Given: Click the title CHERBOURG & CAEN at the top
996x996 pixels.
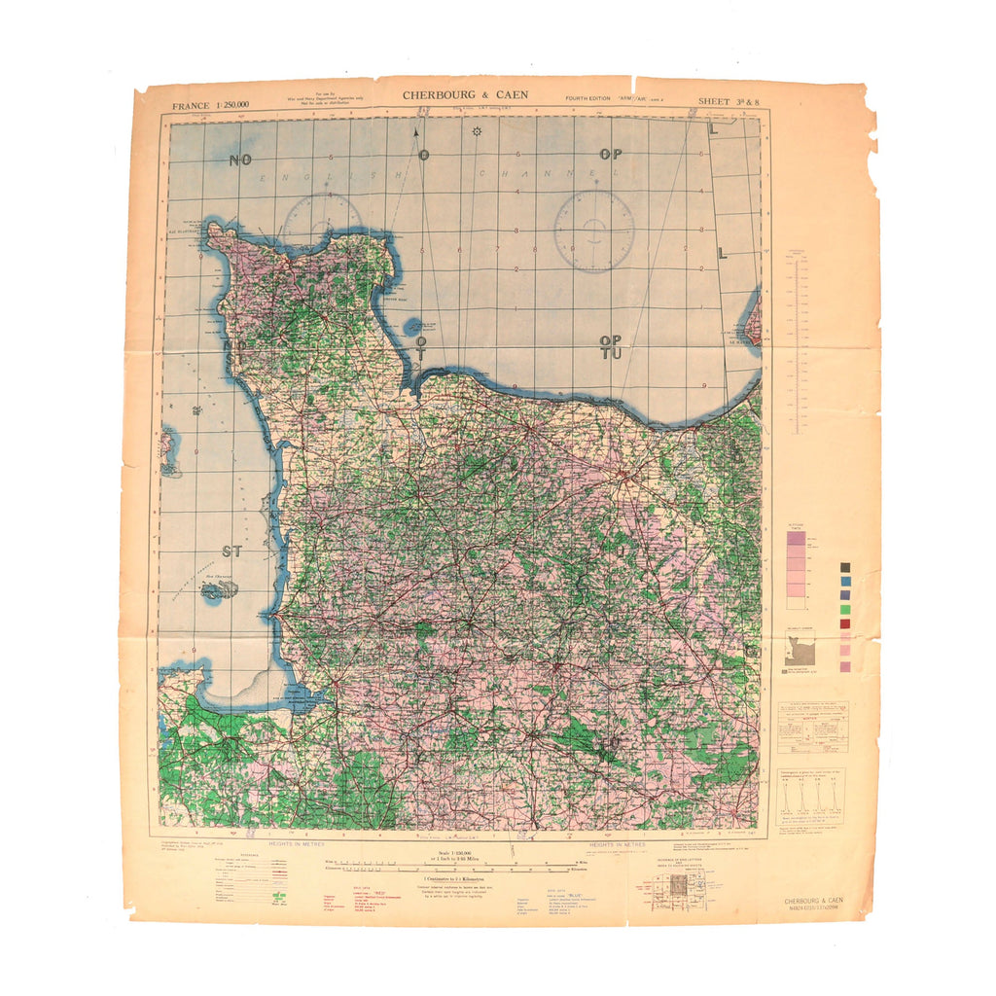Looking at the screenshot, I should tap(465, 94).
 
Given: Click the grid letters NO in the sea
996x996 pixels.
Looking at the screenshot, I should tap(240, 160).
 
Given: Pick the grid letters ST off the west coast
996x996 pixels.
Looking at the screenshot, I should tap(231, 551).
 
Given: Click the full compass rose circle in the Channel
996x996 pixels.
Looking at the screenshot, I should tap(593, 231).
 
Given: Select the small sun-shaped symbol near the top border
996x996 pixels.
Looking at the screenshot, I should tap(477, 130).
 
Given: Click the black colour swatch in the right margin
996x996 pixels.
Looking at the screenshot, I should tap(844, 566).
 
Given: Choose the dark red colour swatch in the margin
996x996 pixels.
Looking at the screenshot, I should tap(844, 623).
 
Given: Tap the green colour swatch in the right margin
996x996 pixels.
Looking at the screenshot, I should tap(844, 609).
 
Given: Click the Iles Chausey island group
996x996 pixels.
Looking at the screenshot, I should tap(218, 589).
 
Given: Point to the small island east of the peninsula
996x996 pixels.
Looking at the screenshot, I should tap(413, 327).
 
